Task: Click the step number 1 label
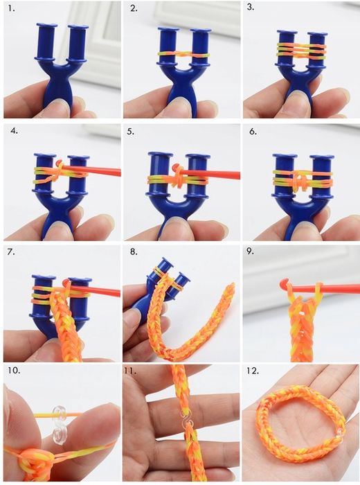coord(12,8)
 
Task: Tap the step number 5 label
coord(130,132)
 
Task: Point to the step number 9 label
coord(250,251)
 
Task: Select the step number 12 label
coord(253,371)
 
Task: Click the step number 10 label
coord(14,371)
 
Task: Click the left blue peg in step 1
coord(46,42)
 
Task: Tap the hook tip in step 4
coord(60,163)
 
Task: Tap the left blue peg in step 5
coord(161,174)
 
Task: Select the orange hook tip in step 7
coord(66,283)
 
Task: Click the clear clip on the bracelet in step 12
coord(340,433)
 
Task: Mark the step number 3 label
coord(251,7)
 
